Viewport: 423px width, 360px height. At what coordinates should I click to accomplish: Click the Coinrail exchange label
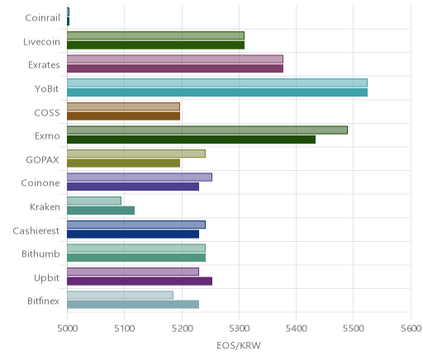tap(42, 18)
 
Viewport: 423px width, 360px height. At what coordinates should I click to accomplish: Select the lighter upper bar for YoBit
tap(217, 83)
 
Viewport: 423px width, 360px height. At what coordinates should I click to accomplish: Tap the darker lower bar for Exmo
tap(191, 140)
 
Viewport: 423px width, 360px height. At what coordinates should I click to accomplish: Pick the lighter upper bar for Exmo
tap(207, 130)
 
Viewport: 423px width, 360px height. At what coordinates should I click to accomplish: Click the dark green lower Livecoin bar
tap(155, 45)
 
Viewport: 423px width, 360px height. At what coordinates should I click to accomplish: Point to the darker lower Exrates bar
tap(175, 69)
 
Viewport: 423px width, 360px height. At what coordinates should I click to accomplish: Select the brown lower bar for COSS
tap(123, 116)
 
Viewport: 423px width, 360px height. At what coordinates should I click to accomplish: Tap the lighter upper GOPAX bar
tap(136, 154)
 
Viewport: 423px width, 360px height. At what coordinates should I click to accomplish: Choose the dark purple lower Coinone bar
tap(133, 187)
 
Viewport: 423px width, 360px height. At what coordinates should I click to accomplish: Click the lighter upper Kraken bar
tap(94, 201)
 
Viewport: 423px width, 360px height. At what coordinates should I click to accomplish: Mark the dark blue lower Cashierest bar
tap(133, 234)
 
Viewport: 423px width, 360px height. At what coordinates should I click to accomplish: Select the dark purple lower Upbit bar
tap(140, 282)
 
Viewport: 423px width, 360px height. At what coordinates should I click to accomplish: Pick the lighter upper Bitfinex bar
tap(120, 295)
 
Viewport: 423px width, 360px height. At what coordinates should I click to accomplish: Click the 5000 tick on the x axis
tap(67, 329)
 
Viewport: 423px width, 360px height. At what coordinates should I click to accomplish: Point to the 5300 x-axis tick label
tap(239, 329)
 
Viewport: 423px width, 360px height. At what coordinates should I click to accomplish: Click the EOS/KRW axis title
tap(239, 345)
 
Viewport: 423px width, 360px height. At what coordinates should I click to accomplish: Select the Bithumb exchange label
tap(40, 253)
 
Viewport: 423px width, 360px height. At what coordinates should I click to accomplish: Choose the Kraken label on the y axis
tap(45, 206)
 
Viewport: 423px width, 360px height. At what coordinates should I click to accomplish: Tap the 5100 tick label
tap(125, 329)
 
